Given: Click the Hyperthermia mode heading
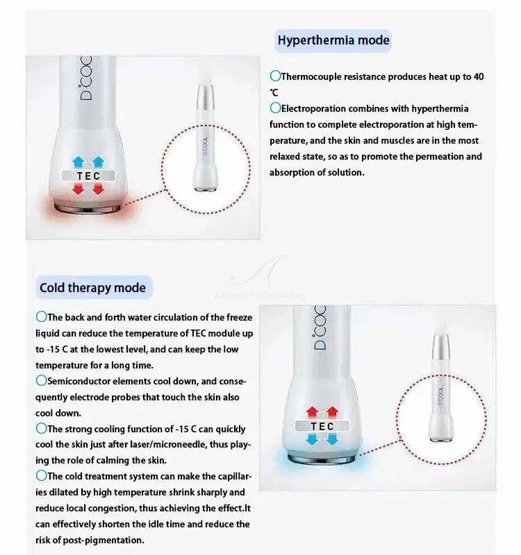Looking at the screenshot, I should coord(333,40).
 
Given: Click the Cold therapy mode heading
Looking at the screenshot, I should coord(92,287).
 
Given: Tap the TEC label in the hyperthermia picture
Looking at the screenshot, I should coord(88,176).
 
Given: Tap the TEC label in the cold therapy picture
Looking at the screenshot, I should coord(322,426).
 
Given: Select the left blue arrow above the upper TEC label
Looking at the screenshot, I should coord(78,162).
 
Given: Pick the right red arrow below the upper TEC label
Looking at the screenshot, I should coord(98,189).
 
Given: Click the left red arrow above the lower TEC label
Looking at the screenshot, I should coord(312,412).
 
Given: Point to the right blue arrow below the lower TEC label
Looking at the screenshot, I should coord(332,440).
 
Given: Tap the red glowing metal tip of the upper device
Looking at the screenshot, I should coord(88,208).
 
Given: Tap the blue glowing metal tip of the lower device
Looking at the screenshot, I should coord(322,459).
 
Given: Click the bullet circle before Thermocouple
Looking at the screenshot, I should coord(275,76).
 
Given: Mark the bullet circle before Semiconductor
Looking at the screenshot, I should coord(41,381).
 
